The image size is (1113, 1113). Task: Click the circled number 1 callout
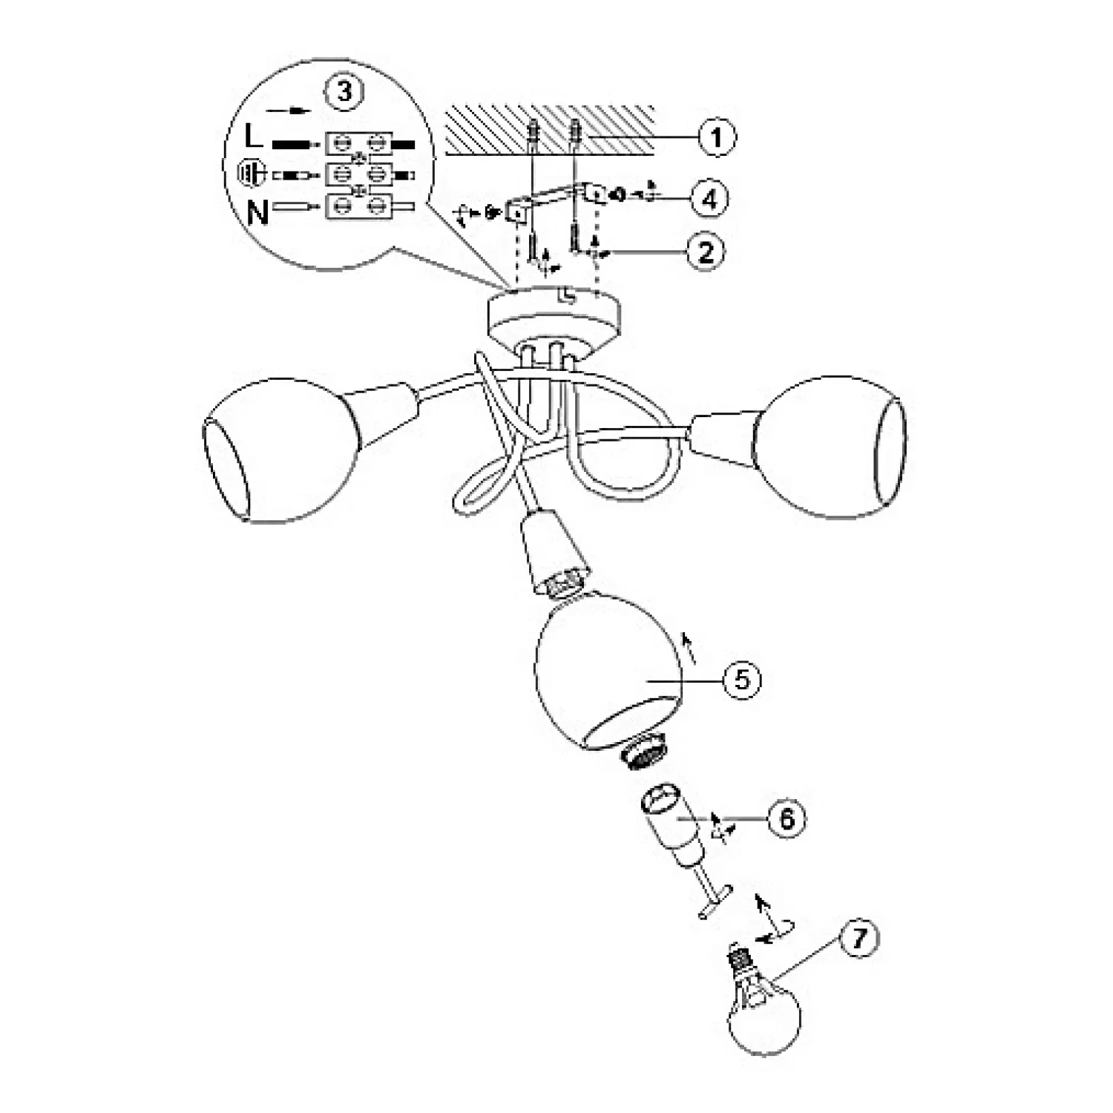click(716, 137)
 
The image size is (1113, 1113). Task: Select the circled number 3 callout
click(344, 92)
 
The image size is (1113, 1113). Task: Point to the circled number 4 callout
click(710, 198)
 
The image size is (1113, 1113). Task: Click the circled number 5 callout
click(743, 680)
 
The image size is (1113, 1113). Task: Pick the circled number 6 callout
click(787, 818)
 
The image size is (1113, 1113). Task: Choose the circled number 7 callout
click(858, 939)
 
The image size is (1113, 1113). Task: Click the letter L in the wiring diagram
click(253, 137)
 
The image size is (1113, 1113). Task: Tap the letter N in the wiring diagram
click(257, 213)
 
